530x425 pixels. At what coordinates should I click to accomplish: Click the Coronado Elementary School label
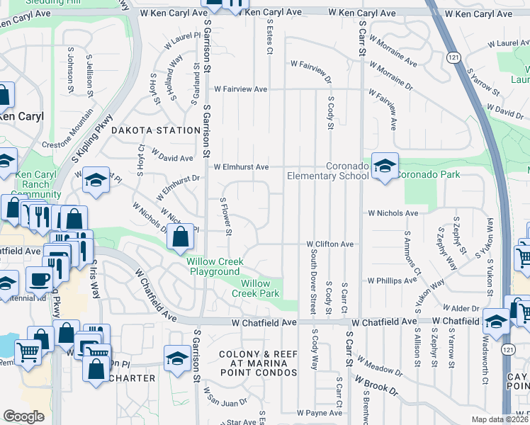click(x=327, y=171)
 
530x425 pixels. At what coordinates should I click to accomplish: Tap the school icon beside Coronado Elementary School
click(x=385, y=166)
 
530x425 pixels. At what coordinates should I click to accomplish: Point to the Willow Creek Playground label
click(x=213, y=266)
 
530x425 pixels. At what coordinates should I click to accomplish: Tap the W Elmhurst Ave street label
click(x=242, y=167)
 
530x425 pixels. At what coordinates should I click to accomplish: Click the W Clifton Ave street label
click(x=329, y=244)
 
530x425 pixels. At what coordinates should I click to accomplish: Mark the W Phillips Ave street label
click(x=392, y=280)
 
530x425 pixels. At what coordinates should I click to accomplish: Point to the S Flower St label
click(x=227, y=217)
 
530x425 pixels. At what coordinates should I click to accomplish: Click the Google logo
click(x=23, y=416)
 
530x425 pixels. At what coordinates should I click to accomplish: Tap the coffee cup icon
click(x=39, y=278)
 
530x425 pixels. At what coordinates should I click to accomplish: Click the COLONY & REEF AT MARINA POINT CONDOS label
click(x=258, y=363)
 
